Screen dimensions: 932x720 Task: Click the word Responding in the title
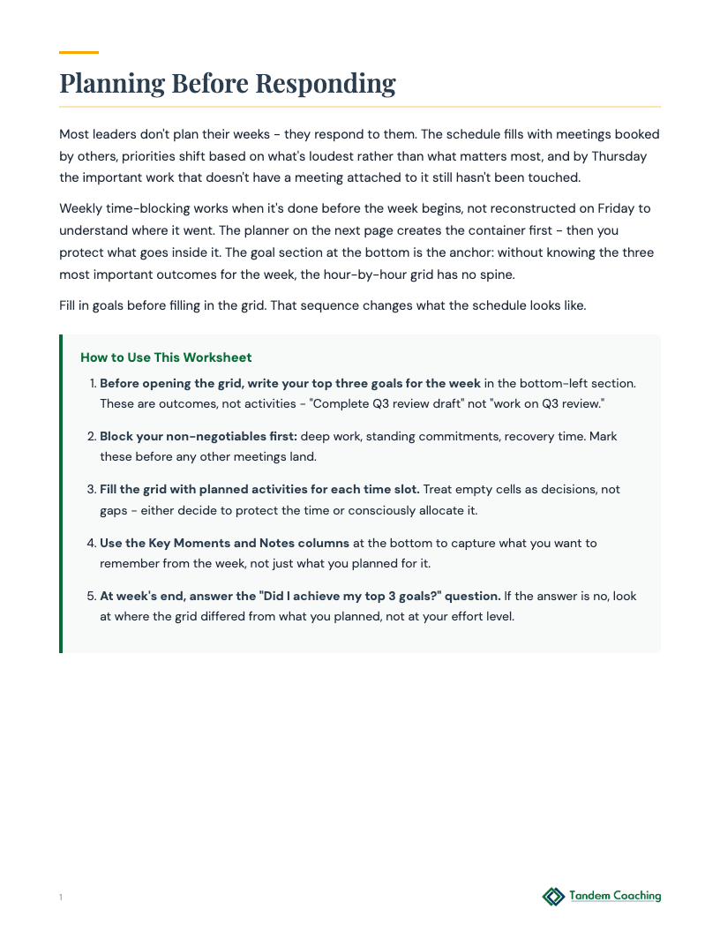[326, 83]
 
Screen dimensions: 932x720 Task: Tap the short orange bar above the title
[79, 52]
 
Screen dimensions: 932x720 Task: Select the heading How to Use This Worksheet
[166, 357]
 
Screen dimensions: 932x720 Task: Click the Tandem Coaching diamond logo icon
[553, 897]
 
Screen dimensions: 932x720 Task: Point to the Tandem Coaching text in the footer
[615, 896]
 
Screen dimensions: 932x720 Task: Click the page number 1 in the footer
[61, 898]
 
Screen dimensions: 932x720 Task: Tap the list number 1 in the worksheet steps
[93, 383]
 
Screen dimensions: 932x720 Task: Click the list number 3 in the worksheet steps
[92, 489]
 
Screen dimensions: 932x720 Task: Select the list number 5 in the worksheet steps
[92, 596]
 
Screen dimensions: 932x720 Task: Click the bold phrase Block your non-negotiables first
[199, 436]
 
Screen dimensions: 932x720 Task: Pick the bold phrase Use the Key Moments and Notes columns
[224, 543]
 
